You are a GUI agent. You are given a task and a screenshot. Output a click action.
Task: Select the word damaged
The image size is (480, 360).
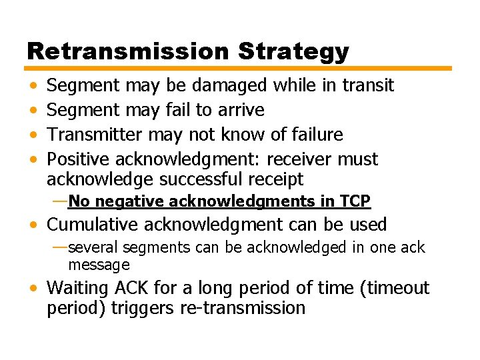229,85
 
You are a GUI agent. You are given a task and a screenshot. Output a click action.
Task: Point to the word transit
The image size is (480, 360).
368,85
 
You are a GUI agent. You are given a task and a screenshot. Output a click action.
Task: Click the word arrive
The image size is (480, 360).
241,110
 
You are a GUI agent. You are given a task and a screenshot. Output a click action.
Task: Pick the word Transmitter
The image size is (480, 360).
95,135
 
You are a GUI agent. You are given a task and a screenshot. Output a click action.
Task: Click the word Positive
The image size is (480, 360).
79,159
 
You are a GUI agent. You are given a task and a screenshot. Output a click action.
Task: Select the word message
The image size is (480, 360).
99,265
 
